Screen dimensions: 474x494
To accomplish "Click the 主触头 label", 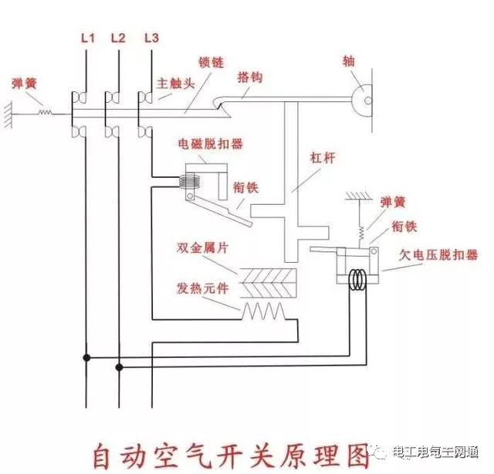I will (x=175, y=84).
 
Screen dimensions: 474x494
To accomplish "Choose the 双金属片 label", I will (x=200, y=248).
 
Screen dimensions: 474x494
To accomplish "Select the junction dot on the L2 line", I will (x=118, y=367).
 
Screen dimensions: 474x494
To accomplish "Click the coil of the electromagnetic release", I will (x=188, y=184).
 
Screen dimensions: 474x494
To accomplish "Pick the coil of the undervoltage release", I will (x=357, y=279).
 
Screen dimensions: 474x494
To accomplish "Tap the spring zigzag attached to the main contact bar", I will (x=46, y=113).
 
